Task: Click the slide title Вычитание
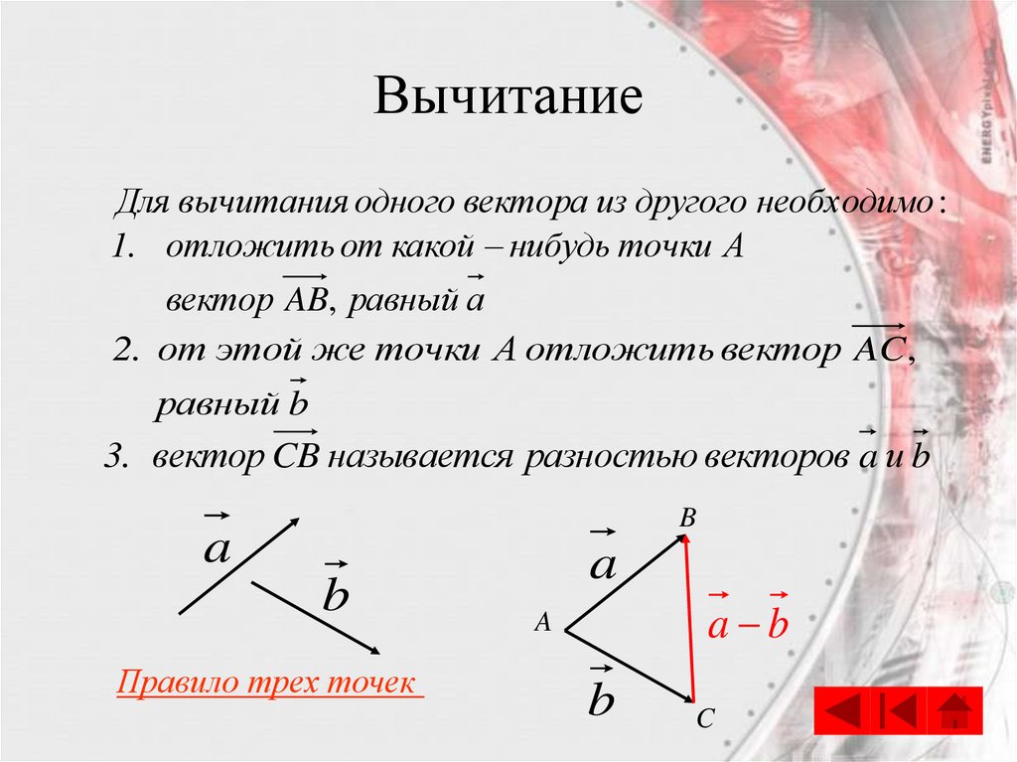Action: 508,99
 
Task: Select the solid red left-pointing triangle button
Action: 844,712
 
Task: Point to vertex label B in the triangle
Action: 688,519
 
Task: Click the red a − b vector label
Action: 747,626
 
